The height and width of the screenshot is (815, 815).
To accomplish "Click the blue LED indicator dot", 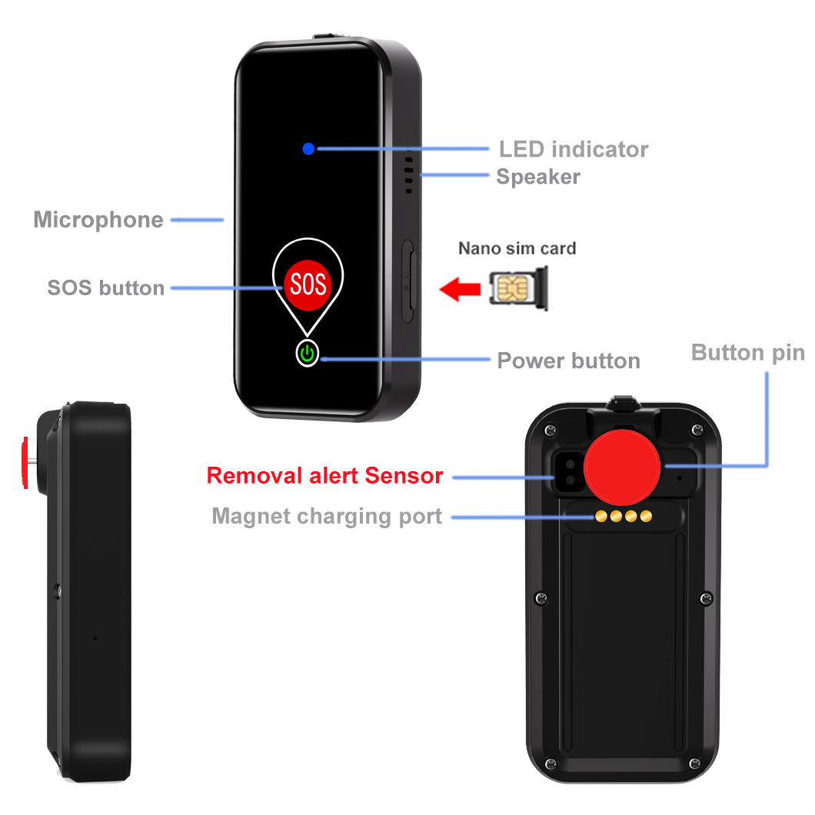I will [x=308, y=148].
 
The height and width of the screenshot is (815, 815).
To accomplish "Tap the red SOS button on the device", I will [x=308, y=284].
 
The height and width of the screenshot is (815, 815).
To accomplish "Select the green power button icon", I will [x=308, y=354].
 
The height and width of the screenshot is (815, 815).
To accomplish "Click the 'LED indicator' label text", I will [x=573, y=149].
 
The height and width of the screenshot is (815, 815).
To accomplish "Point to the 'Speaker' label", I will [x=537, y=177].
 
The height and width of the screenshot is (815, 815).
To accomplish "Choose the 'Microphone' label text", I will [x=98, y=220].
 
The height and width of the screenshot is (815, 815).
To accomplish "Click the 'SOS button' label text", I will [x=106, y=288].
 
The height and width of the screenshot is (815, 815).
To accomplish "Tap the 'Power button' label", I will [x=568, y=361].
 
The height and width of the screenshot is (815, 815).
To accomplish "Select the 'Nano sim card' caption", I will [x=517, y=248].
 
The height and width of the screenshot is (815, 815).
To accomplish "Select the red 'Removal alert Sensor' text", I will [x=324, y=476].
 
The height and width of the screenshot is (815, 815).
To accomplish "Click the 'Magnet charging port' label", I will [x=327, y=516].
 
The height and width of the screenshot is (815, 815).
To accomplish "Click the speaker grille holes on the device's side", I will [x=409, y=173].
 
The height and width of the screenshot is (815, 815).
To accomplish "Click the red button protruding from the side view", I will [x=26, y=463].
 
